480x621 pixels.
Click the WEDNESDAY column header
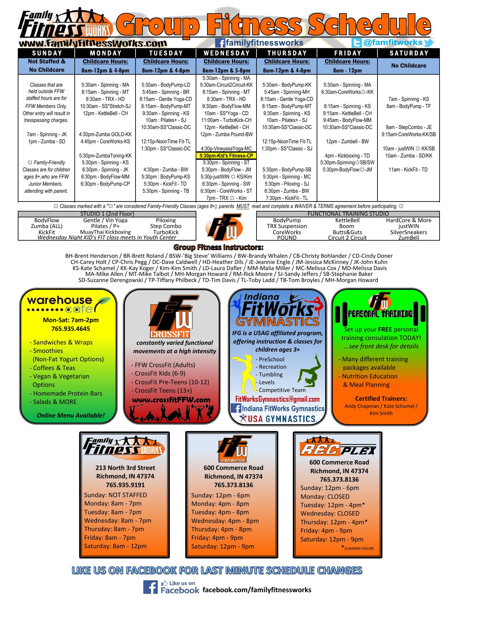pyautogui.click(x=226, y=53)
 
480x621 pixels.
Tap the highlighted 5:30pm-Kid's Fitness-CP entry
pyautogui.click(x=226, y=156)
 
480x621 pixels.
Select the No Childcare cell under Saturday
pyautogui.click(x=408, y=66)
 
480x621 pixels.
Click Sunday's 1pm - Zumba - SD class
pyautogui.click(x=47, y=141)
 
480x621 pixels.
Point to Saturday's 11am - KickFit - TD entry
pyautogui.click(x=408, y=169)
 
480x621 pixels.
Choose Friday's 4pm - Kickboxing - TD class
pyautogui.click(x=347, y=156)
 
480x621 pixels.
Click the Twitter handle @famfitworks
pyautogui.click(x=393, y=42)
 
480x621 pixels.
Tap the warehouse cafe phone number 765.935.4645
pyautogui.click(x=71, y=329)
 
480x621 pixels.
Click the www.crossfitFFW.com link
pyautogui.click(x=171, y=400)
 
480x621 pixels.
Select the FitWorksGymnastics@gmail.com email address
pyautogui.click(x=278, y=399)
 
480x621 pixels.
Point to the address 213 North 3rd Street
pyautogui.click(x=125, y=468)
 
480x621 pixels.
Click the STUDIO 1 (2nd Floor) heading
pyautogui.click(x=107, y=214)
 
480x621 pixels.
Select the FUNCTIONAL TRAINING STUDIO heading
pyautogui.click(x=348, y=214)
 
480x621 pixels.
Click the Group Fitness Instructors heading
pyautogui.click(x=219, y=248)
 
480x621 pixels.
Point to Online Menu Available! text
pyautogui.click(x=71, y=415)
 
